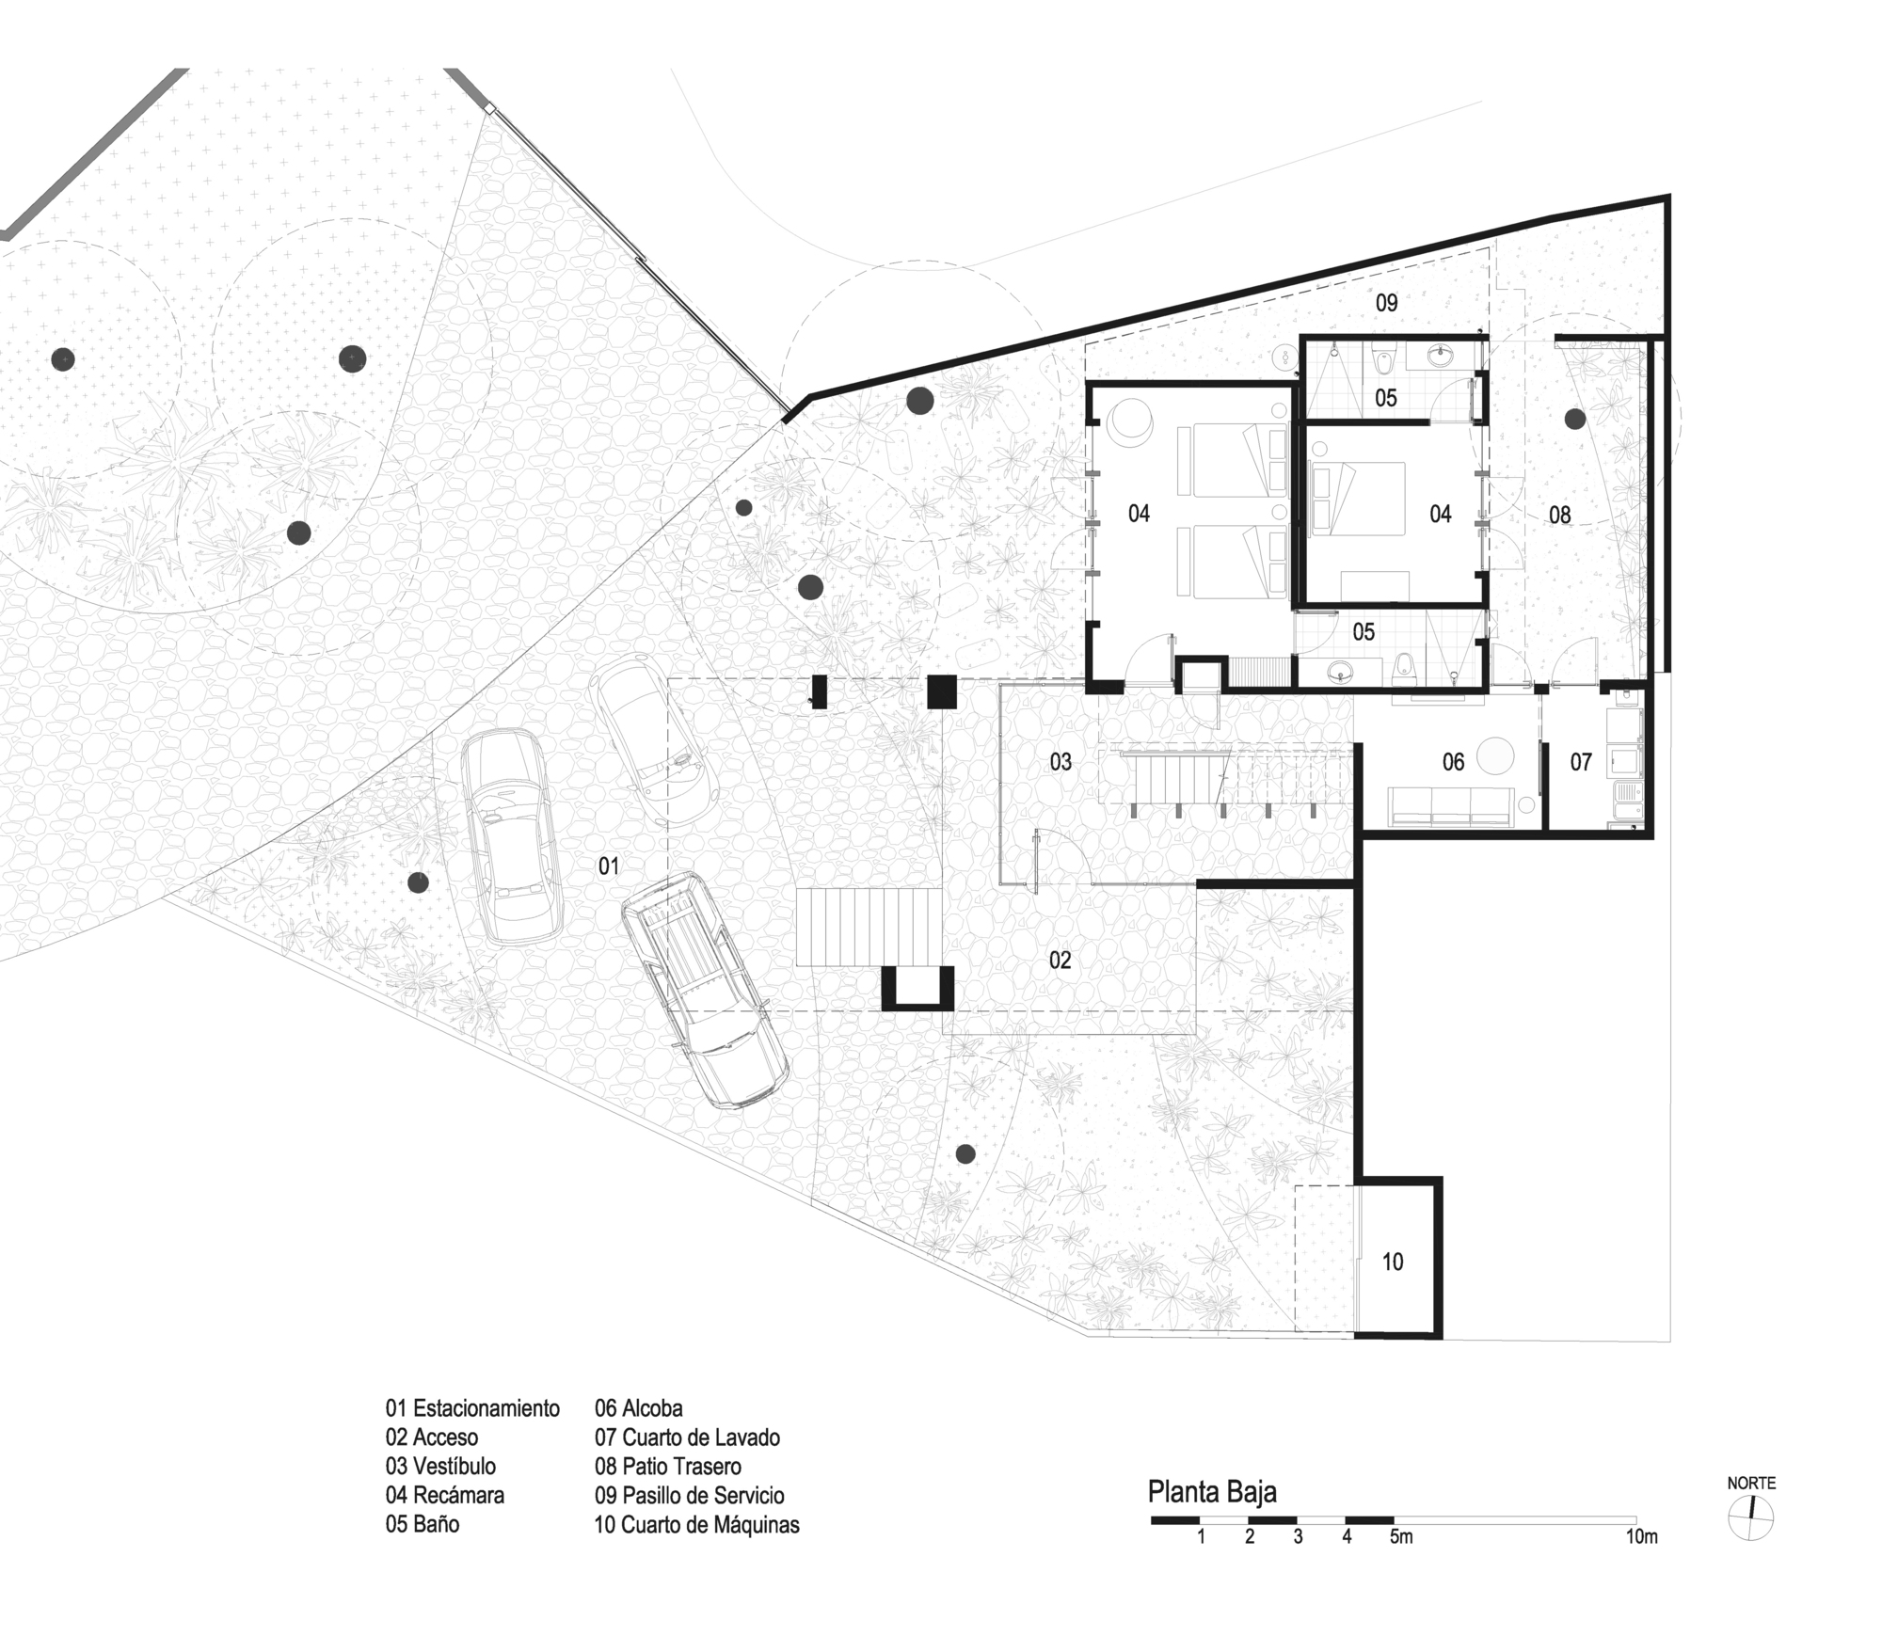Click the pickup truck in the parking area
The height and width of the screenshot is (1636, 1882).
(x=704, y=989)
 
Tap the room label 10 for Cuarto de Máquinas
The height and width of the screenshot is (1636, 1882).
(x=1392, y=1263)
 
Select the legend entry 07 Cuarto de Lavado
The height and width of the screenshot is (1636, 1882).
(x=687, y=1437)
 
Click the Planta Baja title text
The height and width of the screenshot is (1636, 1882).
(x=1212, y=1492)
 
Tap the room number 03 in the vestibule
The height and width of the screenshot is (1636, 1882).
(x=1061, y=761)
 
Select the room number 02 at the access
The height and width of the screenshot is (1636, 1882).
(x=1060, y=960)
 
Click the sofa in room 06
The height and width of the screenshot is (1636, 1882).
(x=1450, y=805)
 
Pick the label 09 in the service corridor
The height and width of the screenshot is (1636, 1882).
(x=1386, y=303)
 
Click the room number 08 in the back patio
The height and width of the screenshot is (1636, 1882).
(x=1559, y=515)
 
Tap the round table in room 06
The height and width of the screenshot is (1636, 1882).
(x=1494, y=756)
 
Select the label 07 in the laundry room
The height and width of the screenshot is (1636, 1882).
(x=1580, y=762)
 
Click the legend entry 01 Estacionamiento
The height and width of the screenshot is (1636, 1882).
(x=472, y=1408)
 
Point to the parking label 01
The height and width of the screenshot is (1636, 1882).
(x=609, y=866)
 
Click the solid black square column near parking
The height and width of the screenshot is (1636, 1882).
(x=941, y=692)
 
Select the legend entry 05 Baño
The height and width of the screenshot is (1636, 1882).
(x=423, y=1523)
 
